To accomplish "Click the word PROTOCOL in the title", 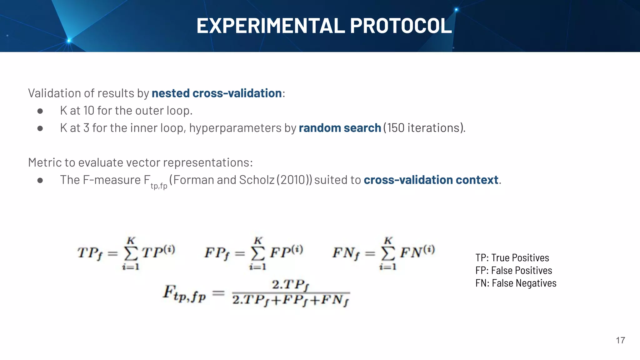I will (x=401, y=26).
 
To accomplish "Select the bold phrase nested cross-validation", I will (x=217, y=93).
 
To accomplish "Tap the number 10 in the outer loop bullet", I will (x=89, y=111).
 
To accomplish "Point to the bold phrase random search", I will (x=340, y=128).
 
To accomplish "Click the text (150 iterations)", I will (x=424, y=128).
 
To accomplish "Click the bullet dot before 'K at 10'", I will (x=40, y=111).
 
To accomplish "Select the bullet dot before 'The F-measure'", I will (x=40, y=180).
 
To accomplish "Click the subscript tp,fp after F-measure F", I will (x=159, y=186).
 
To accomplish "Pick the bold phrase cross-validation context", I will (x=431, y=180).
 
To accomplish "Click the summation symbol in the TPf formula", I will (x=131, y=254).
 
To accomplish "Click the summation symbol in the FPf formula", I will (x=258, y=254).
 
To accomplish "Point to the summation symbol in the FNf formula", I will (x=388, y=254).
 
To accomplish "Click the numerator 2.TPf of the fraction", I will (x=291, y=285).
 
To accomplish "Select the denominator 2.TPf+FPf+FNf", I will (x=291, y=300).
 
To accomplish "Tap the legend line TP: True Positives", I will (x=512, y=258).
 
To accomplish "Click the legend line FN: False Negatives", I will (x=516, y=283).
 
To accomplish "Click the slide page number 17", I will (x=620, y=340).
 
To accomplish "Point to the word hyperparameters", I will (x=235, y=128).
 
